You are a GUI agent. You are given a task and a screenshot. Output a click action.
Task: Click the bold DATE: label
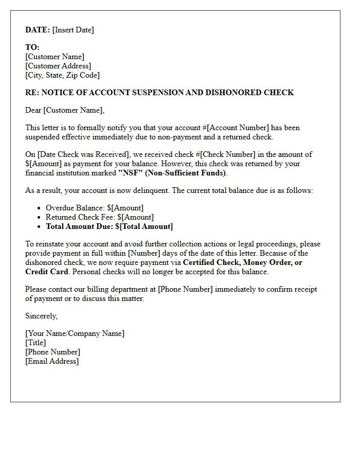38,30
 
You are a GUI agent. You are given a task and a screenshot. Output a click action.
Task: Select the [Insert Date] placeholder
73,30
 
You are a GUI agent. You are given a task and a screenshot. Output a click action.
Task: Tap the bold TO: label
32,47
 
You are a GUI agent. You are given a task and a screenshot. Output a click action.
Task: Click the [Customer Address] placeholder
58,66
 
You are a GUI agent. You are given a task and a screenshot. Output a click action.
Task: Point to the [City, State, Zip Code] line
62,75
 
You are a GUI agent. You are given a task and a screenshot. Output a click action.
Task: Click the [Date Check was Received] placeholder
79,154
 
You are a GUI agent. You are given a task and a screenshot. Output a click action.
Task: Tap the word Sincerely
41,316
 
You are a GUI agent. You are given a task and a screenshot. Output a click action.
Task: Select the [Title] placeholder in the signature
35,343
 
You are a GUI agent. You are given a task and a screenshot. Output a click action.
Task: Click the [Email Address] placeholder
52,361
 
